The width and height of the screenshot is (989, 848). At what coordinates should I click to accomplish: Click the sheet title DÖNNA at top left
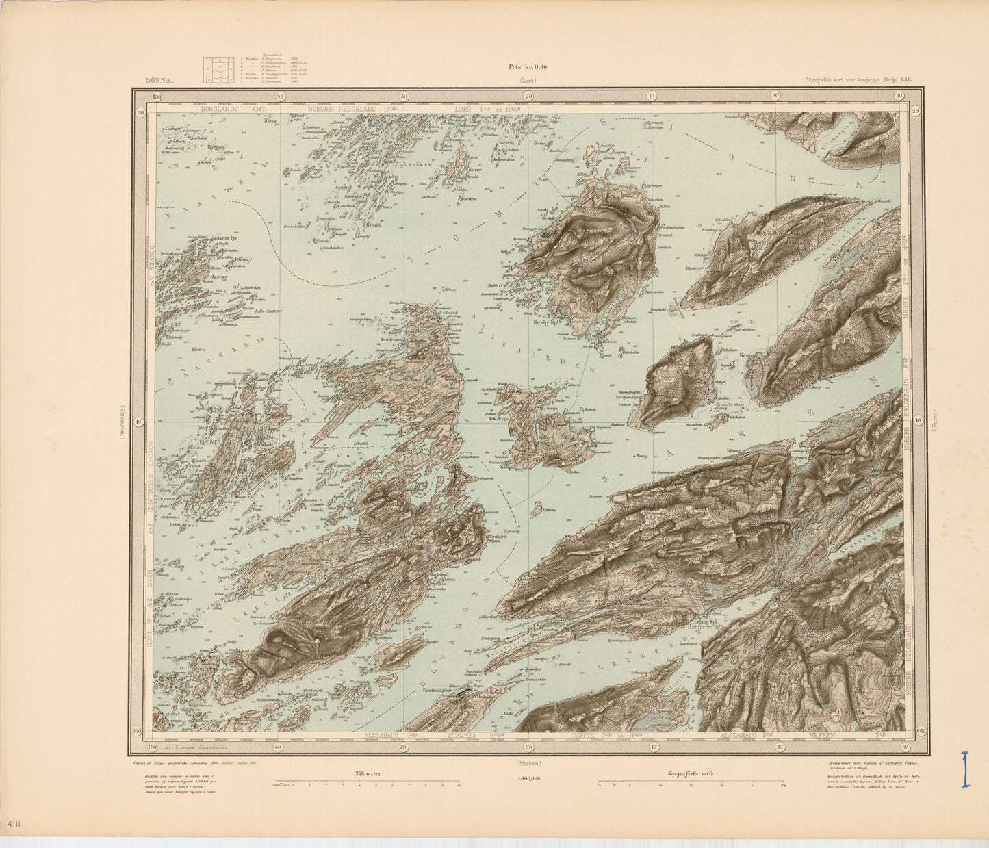(160, 81)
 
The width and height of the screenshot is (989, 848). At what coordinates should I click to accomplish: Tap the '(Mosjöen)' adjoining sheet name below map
(526, 762)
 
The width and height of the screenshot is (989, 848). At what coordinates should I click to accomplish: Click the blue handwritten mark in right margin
(965, 770)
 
